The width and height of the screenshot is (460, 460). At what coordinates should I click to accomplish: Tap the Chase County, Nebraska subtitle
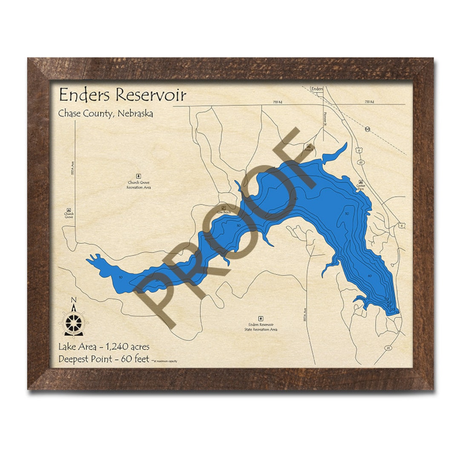pos(106,114)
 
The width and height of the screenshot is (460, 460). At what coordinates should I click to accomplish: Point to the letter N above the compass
pos(73,300)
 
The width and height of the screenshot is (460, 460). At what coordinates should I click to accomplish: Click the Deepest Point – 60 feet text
pos(104,359)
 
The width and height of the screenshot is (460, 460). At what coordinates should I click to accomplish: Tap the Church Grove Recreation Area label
pos(138,185)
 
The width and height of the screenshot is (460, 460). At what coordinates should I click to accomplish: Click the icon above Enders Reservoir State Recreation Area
pos(261,318)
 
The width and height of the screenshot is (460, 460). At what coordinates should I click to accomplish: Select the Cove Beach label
pos(224,212)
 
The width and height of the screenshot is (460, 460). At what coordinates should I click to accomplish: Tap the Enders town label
pos(317,89)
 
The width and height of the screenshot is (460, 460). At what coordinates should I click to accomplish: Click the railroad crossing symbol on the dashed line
pos(367,129)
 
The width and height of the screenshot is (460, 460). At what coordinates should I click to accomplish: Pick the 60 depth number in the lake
pos(370,276)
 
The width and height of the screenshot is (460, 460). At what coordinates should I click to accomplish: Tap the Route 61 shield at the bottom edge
pos(388,348)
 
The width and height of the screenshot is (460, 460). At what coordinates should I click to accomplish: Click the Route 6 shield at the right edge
pos(401,225)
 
